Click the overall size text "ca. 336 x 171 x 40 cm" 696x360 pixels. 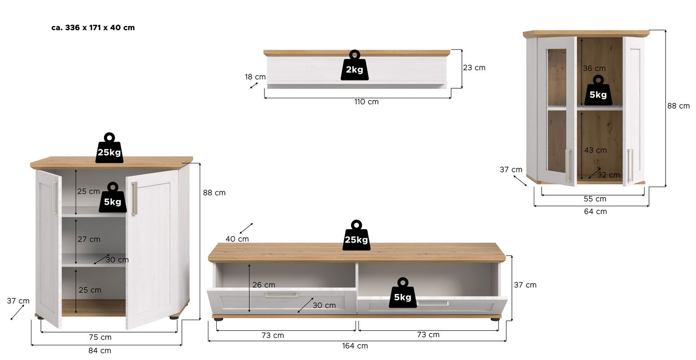pyautogui.click(x=93, y=27)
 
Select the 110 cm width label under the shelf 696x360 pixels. pyautogui.click(x=366, y=102)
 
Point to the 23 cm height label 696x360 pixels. pyautogui.click(x=474, y=67)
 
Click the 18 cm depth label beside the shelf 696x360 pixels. pyautogui.click(x=255, y=77)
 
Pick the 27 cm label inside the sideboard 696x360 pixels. pyautogui.click(x=89, y=239)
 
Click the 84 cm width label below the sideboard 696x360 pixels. pyautogui.click(x=100, y=350)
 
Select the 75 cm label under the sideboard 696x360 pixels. pyautogui.click(x=100, y=337)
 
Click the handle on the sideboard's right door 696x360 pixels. pyautogui.click(x=134, y=198)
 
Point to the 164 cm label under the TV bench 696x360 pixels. pyautogui.click(x=355, y=346)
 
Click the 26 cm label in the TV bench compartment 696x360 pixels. pyautogui.click(x=264, y=285)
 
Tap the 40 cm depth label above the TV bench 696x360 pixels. pyautogui.click(x=237, y=239)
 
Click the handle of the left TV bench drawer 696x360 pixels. pyautogui.click(x=281, y=295)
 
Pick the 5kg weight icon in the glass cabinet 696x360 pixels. pyautogui.click(x=598, y=91)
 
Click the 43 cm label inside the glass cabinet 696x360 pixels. pyautogui.click(x=595, y=150)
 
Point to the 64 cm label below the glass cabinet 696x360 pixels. pyautogui.click(x=595, y=211)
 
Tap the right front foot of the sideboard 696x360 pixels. pyautogui.click(x=174, y=318)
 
